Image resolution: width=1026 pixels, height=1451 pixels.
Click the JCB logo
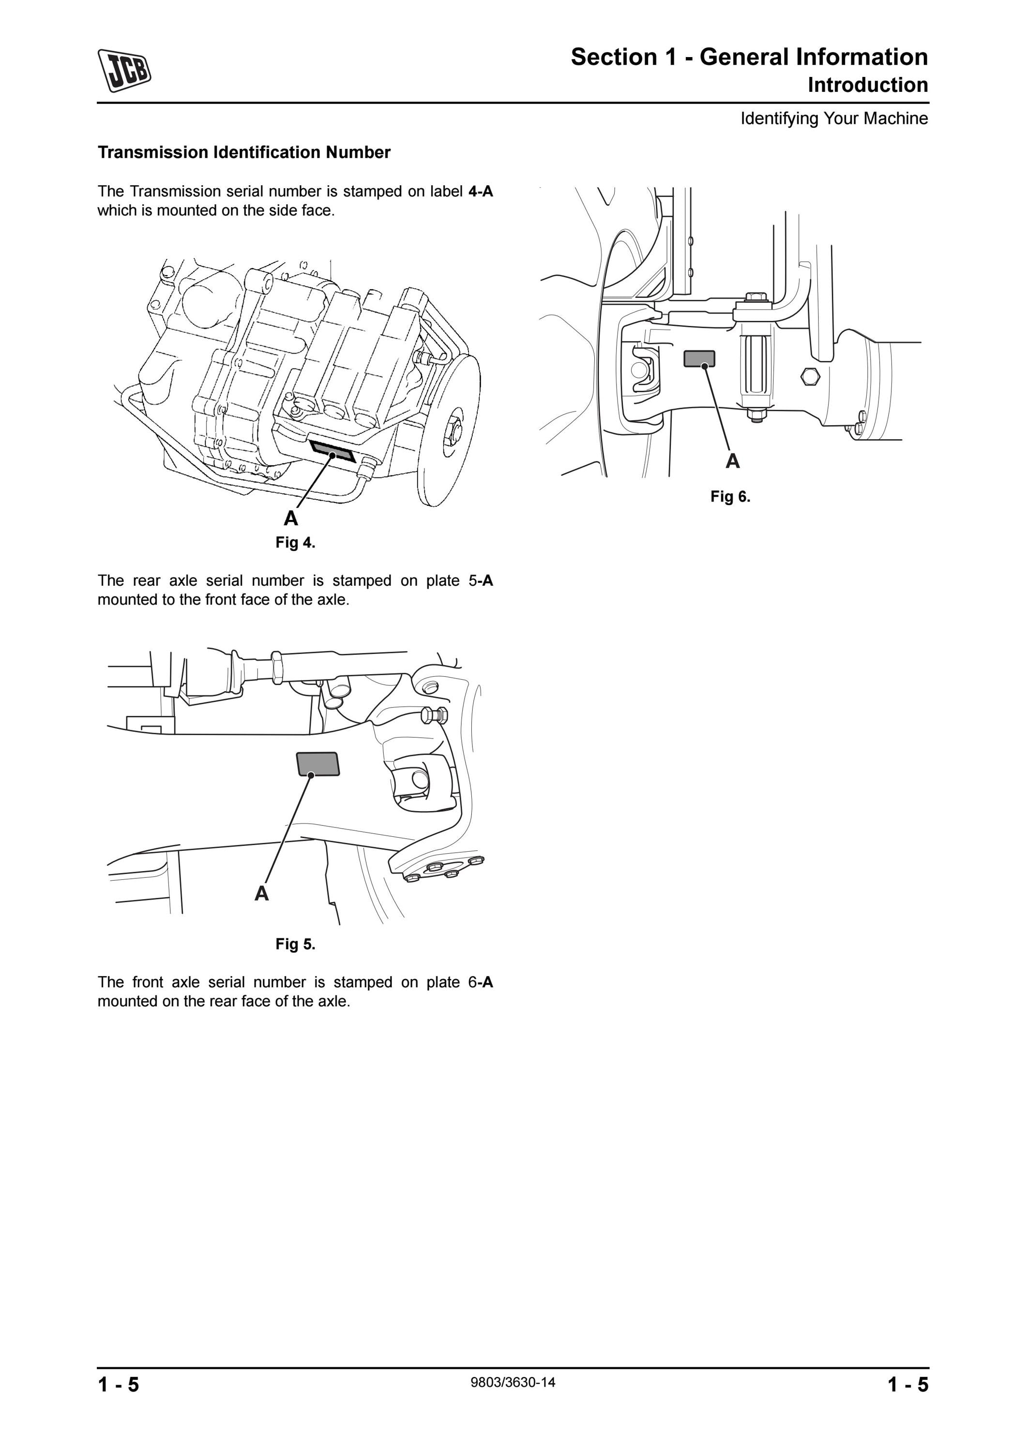coord(124,70)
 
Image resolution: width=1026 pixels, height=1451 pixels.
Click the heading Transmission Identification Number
coord(244,152)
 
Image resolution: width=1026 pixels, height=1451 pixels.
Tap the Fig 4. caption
coord(295,543)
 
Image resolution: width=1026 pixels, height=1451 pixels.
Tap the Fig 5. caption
coord(295,944)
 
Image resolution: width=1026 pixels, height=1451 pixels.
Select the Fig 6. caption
coord(730,497)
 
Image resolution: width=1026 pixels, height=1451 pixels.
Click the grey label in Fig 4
coord(332,451)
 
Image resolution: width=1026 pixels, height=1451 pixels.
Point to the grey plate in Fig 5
coord(318,764)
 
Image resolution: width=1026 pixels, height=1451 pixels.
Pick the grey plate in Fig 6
coord(699,359)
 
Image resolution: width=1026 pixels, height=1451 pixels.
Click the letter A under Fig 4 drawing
coord(291,518)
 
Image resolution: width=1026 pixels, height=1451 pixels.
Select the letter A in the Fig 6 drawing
coord(733,461)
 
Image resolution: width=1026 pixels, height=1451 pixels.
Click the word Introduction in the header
coord(868,85)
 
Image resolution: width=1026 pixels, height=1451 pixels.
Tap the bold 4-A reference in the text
coord(481,192)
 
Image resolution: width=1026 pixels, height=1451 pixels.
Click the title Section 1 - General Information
coord(750,57)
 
